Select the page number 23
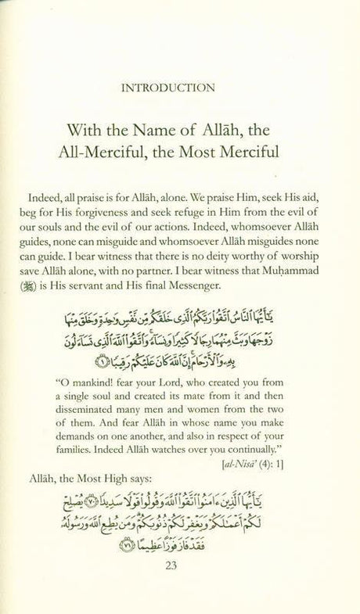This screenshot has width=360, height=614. tap(180, 592)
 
